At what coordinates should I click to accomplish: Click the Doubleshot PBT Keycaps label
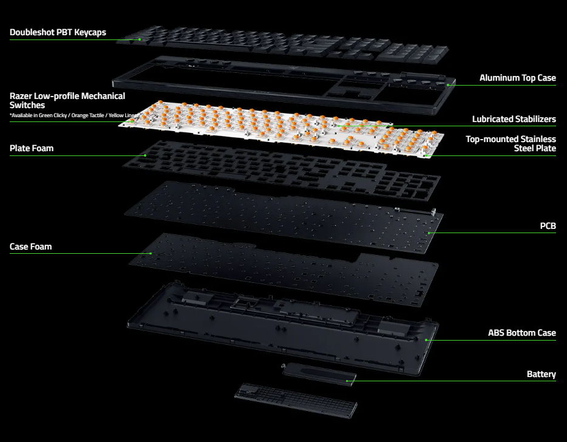[58, 32]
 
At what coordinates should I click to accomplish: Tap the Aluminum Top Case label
[517, 78]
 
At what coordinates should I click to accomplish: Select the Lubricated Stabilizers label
[514, 119]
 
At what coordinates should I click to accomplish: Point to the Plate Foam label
[32, 148]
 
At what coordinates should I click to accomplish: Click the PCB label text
[548, 226]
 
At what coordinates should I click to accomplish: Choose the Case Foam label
[31, 246]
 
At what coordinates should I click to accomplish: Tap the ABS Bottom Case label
[522, 333]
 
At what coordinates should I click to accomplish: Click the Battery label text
[542, 374]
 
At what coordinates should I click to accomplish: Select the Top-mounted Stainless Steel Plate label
[511, 144]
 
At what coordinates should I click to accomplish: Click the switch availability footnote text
[74, 115]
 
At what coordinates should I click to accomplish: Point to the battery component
[319, 375]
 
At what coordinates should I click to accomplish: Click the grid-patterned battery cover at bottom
[296, 400]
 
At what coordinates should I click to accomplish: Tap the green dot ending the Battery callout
[347, 381]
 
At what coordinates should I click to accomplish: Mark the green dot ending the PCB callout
[429, 233]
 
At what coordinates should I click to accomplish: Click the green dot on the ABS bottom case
[426, 340]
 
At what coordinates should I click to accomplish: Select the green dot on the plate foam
[145, 155]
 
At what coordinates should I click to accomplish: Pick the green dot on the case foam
[151, 254]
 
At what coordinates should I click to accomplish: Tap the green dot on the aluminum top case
[447, 86]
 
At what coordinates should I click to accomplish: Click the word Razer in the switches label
[21, 96]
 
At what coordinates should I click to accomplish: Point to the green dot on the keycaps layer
[140, 39]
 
